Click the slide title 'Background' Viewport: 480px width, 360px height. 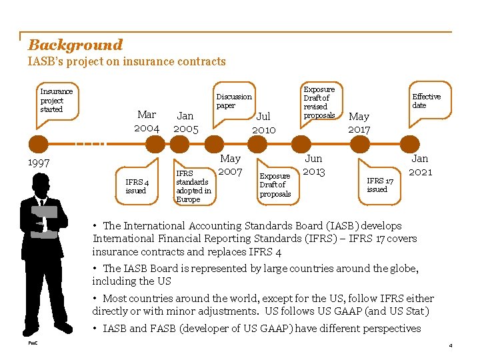(x=75, y=45)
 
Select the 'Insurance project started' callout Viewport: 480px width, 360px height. (x=56, y=100)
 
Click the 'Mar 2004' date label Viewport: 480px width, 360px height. (x=147, y=121)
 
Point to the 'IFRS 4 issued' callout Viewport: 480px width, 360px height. (x=137, y=186)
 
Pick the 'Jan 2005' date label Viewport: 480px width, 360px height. (x=185, y=123)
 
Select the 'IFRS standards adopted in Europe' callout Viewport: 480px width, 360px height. (x=193, y=186)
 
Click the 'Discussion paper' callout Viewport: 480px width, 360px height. (x=234, y=101)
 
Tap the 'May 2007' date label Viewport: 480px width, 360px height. (x=230, y=165)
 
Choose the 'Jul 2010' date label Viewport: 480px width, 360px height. (x=263, y=123)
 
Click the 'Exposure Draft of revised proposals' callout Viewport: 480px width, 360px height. (x=319, y=102)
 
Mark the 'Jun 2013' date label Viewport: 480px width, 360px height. (x=313, y=165)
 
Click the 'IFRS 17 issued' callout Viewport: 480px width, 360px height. (x=380, y=185)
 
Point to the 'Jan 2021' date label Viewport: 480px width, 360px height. (x=420, y=165)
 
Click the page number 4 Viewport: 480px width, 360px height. (x=451, y=345)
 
